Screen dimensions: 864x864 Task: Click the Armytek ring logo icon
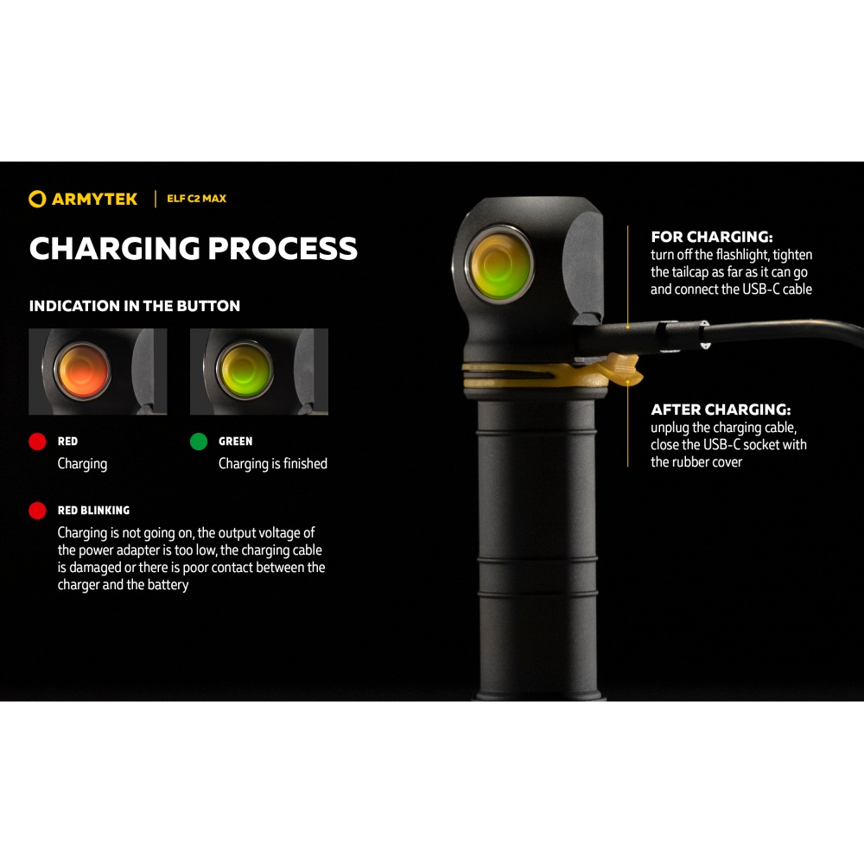37,199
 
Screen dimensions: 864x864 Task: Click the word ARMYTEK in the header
95,199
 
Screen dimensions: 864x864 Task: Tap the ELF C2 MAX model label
197,199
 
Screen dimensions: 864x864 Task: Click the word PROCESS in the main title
283,249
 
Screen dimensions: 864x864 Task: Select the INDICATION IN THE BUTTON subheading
135,306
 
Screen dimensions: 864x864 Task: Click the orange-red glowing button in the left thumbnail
82,371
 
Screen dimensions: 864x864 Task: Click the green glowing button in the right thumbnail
245,369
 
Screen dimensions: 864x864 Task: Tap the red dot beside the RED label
37,442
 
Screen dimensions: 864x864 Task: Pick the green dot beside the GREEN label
199,442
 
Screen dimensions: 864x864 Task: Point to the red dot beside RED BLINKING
37,511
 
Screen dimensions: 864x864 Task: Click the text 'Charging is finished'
273,464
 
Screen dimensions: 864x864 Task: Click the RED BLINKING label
93,511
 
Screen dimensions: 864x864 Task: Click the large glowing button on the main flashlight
499,263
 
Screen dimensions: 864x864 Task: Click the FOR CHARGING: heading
712,237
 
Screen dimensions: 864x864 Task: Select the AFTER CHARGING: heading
721,410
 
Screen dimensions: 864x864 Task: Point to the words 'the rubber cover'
696,461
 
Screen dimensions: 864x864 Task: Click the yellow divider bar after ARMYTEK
156,199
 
